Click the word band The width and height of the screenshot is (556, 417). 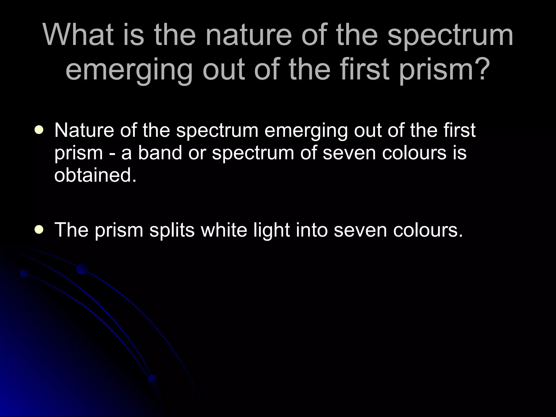160,153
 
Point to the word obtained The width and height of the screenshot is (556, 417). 95,175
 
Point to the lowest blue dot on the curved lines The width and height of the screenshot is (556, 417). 153,378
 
